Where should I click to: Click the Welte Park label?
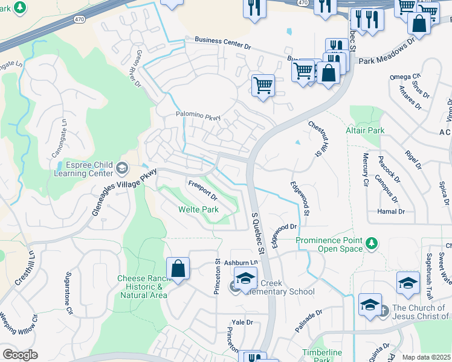pyautogui.click(x=198, y=209)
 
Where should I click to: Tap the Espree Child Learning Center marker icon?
pyautogui.click(x=123, y=167)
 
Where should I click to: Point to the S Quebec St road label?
pyautogui.click(x=258, y=232)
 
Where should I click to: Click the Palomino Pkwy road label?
pyautogui.click(x=198, y=115)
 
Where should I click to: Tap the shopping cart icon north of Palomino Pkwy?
pyautogui.click(x=263, y=85)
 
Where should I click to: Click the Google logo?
pyautogui.click(x=20, y=355)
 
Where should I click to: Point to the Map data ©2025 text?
pyautogui.click(x=426, y=357)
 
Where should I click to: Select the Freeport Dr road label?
pyautogui.click(x=202, y=189)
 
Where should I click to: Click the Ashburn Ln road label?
pyautogui.click(x=241, y=263)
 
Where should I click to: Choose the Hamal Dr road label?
pyautogui.click(x=391, y=212)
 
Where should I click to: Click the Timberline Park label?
pyautogui.click(x=322, y=356)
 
